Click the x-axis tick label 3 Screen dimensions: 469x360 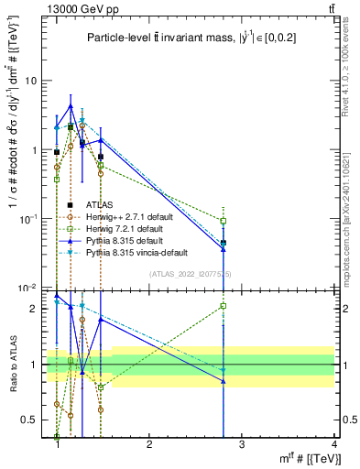click(242, 446)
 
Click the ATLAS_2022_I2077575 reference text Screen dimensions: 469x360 click(191, 273)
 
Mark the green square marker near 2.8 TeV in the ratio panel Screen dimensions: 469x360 click(249, 306)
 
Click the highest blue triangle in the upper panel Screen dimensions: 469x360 click(71, 106)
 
